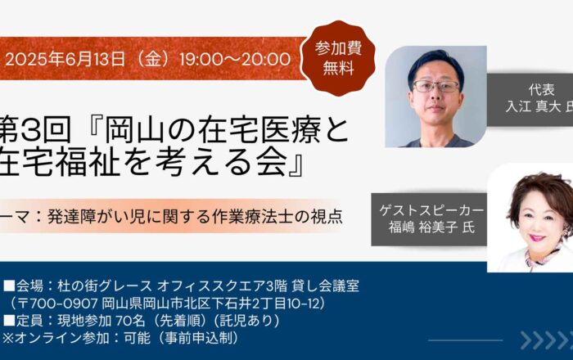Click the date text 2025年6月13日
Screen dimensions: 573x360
coord(65,59)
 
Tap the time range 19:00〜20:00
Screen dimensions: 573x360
coord(235,59)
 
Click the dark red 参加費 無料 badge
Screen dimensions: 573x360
coord(338,58)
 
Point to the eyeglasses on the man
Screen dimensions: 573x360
coord(435,87)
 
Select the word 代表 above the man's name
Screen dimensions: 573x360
coord(541,89)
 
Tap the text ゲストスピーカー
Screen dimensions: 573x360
coord(431,210)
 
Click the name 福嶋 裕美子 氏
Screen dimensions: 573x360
coord(431,227)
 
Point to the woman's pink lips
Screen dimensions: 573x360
coord(537,238)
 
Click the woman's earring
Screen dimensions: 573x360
coord(567,231)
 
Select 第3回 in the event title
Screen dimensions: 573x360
coord(35,130)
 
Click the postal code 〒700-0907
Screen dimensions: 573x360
coord(58,304)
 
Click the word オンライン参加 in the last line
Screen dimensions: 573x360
coord(61,338)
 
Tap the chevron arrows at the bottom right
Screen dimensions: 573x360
coord(547,340)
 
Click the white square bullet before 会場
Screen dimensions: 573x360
coord(9,286)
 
